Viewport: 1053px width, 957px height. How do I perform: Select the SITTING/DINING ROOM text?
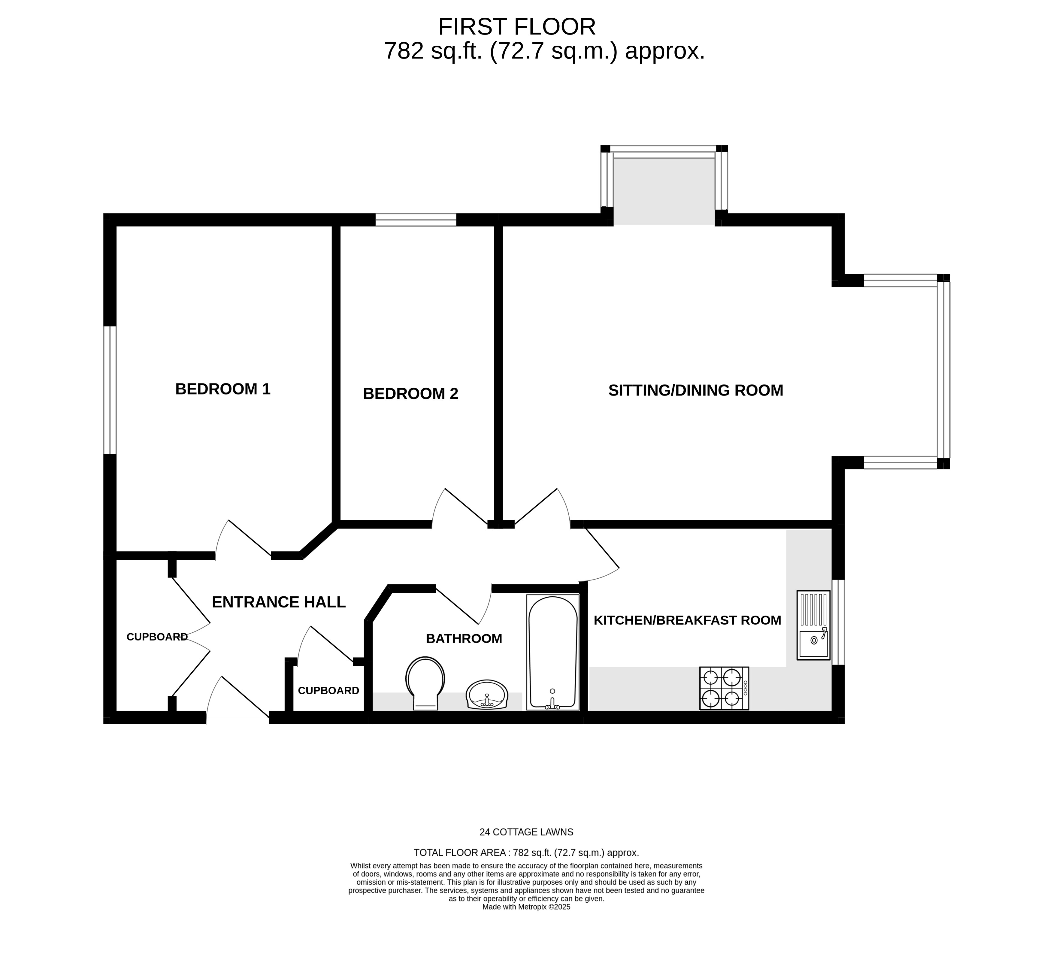tap(696, 390)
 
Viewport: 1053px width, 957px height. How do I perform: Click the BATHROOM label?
tap(464, 638)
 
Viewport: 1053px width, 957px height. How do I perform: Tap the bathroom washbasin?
tap(487, 695)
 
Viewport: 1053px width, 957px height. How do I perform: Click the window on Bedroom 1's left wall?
tap(110, 390)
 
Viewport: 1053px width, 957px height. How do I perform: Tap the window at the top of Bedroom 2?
tap(416, 220)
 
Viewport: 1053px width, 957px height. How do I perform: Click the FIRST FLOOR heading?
tap(516, 27)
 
